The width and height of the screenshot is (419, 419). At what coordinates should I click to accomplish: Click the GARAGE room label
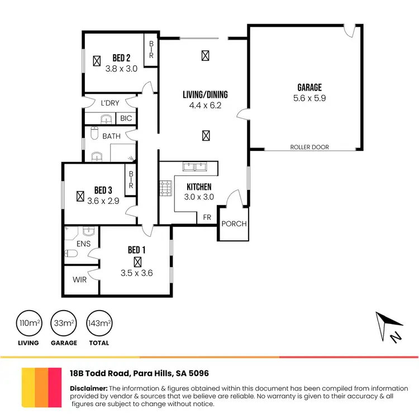click(x=310, y=88)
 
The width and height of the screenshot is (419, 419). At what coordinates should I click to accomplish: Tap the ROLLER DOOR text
click(x=310, y=147)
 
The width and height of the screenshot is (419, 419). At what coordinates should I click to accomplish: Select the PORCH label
click(x=234, y=224)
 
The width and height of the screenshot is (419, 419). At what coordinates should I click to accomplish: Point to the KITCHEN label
click(x=199, y=187)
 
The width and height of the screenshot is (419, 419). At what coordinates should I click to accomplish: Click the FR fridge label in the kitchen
click(x=207, y=217)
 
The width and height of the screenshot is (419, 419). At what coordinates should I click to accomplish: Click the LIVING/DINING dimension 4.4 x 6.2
click(x=206, y=104)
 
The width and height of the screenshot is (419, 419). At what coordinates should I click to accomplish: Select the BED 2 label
click(x=121, y=58)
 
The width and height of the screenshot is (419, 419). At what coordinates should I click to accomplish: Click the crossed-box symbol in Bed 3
click(x=80, y=196)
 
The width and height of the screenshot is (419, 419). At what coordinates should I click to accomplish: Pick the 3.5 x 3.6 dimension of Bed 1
click(x=136, y=273)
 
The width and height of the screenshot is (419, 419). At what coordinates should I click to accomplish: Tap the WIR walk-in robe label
click(x=80, y=280)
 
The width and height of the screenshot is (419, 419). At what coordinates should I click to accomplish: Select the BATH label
click(x=111, y=136)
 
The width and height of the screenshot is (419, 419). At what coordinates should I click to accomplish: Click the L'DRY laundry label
click(x=109, y=103)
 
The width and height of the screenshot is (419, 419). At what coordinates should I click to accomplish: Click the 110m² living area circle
click(x=27, y=323)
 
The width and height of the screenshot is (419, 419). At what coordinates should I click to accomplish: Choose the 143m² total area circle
click(x=98, y=323)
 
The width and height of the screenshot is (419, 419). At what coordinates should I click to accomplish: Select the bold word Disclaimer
click(x=88, y=388)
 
